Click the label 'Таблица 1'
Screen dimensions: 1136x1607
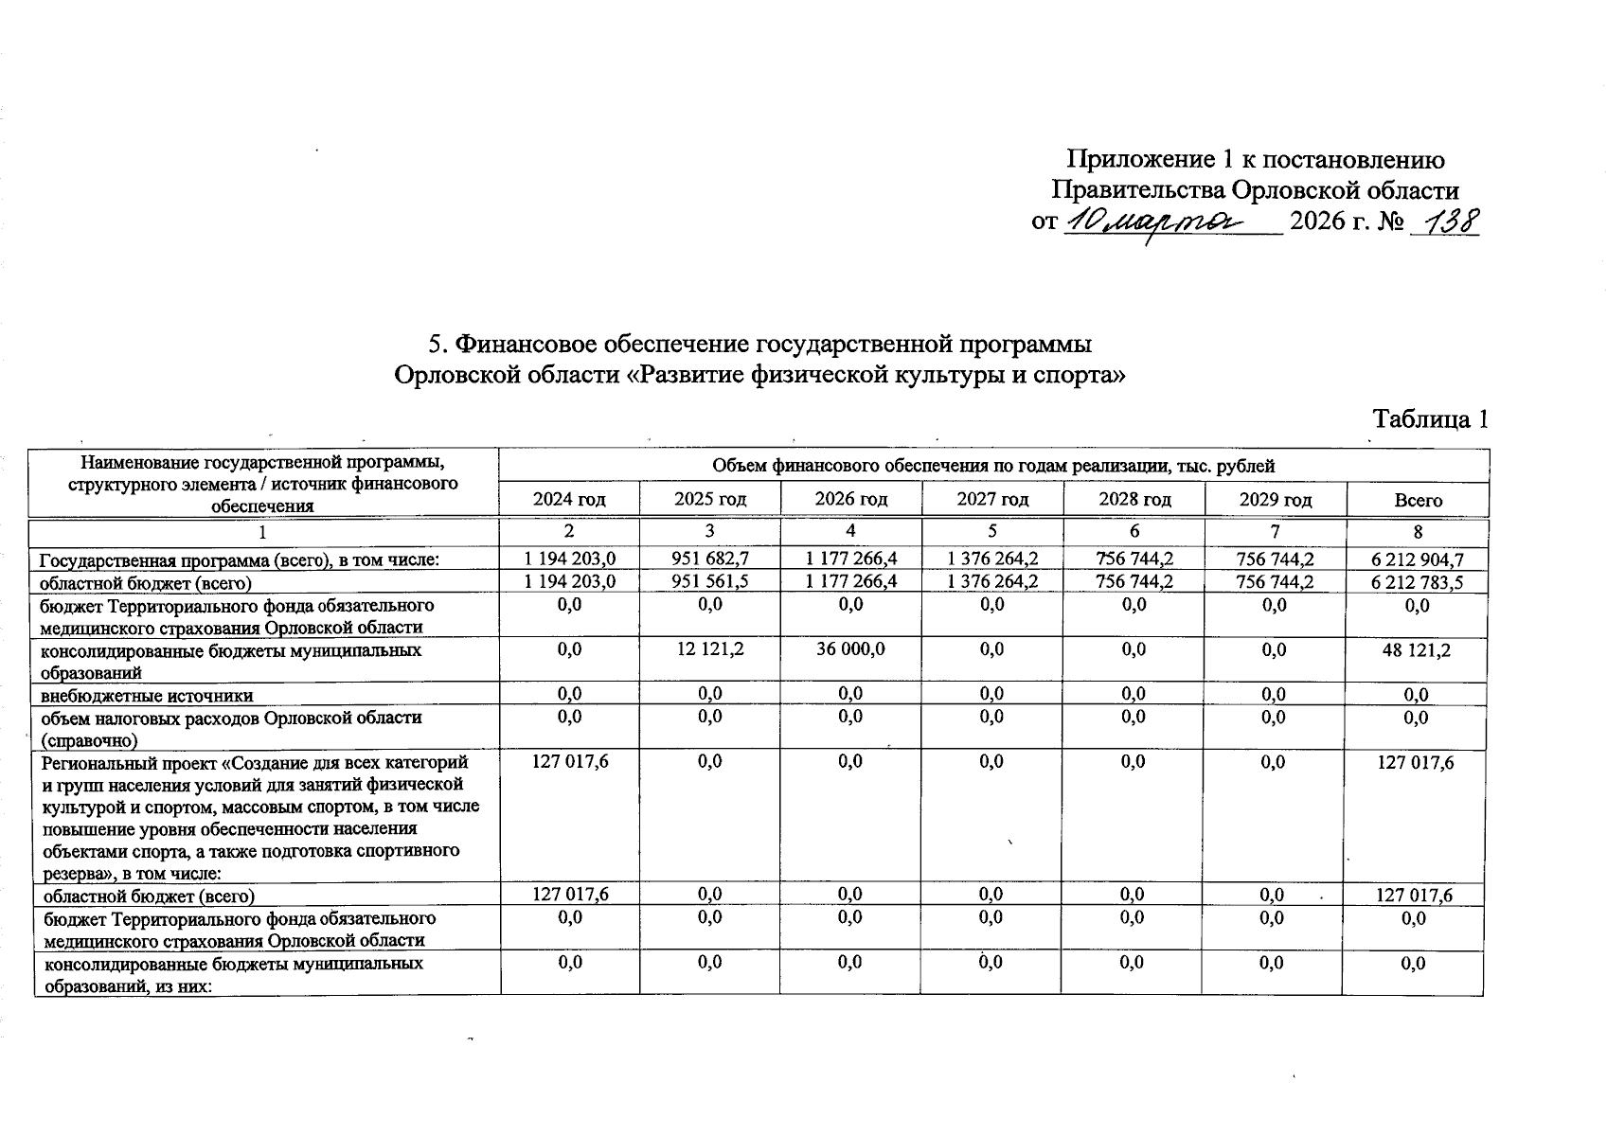[x=1431, y=418]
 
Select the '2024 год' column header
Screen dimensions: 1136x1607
[x=569, y=499]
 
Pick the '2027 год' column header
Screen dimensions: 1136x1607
[x=992, y=499]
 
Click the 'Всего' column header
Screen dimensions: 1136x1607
[x=1418, y=500]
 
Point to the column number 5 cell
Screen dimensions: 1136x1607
[x=992, y=532]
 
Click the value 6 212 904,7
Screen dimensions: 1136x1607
[x=1417, y=560]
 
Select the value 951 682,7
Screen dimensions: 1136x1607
[x=710, y=559]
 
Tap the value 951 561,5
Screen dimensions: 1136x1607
[x=710, y=581]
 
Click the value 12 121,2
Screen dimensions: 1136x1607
[x=710, y=649]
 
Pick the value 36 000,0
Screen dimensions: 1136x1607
[x=850, y=649]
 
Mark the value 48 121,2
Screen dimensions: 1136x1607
[x=1417, y=650]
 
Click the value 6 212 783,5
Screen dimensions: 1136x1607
[x=1417, y=582]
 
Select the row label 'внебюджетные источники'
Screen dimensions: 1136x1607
[x=147, y=696]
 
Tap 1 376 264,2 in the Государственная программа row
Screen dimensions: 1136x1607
[x=992, y=559]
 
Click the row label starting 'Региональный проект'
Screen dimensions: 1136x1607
[x=256, y=762]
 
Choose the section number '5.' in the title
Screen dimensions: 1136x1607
[x=438, y=343]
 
